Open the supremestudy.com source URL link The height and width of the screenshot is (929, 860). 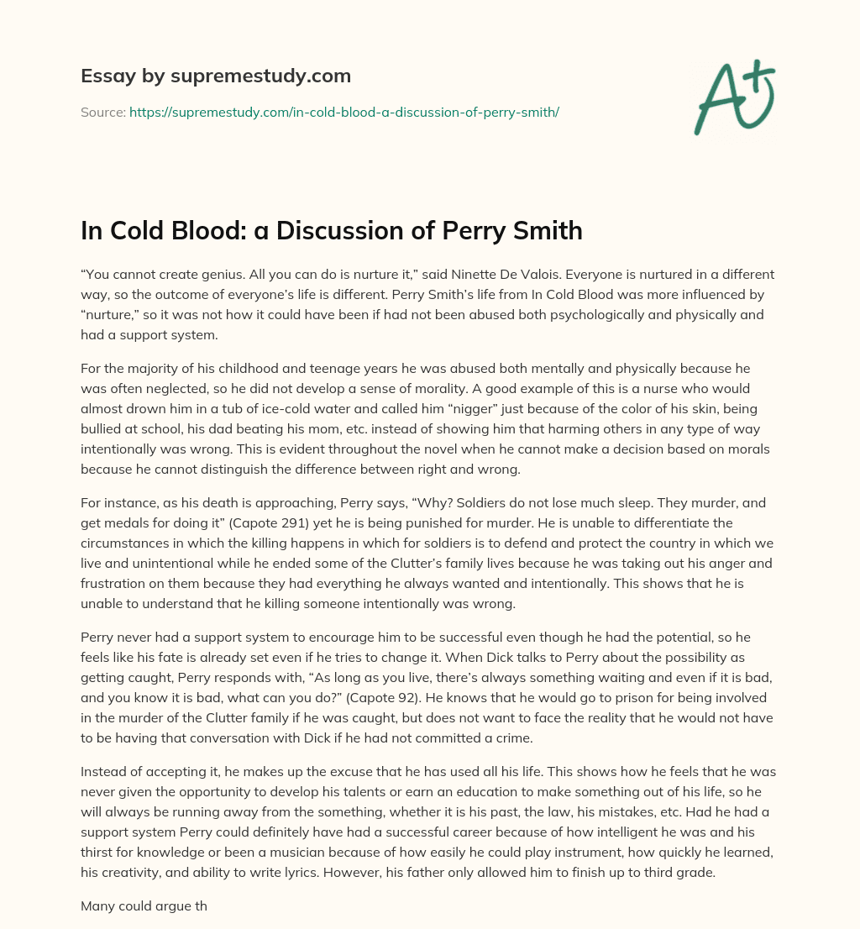[x=343, y=112]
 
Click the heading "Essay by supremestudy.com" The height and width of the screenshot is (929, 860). [x=215, y=76]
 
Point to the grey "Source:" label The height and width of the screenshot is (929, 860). [x=103, y=112]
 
